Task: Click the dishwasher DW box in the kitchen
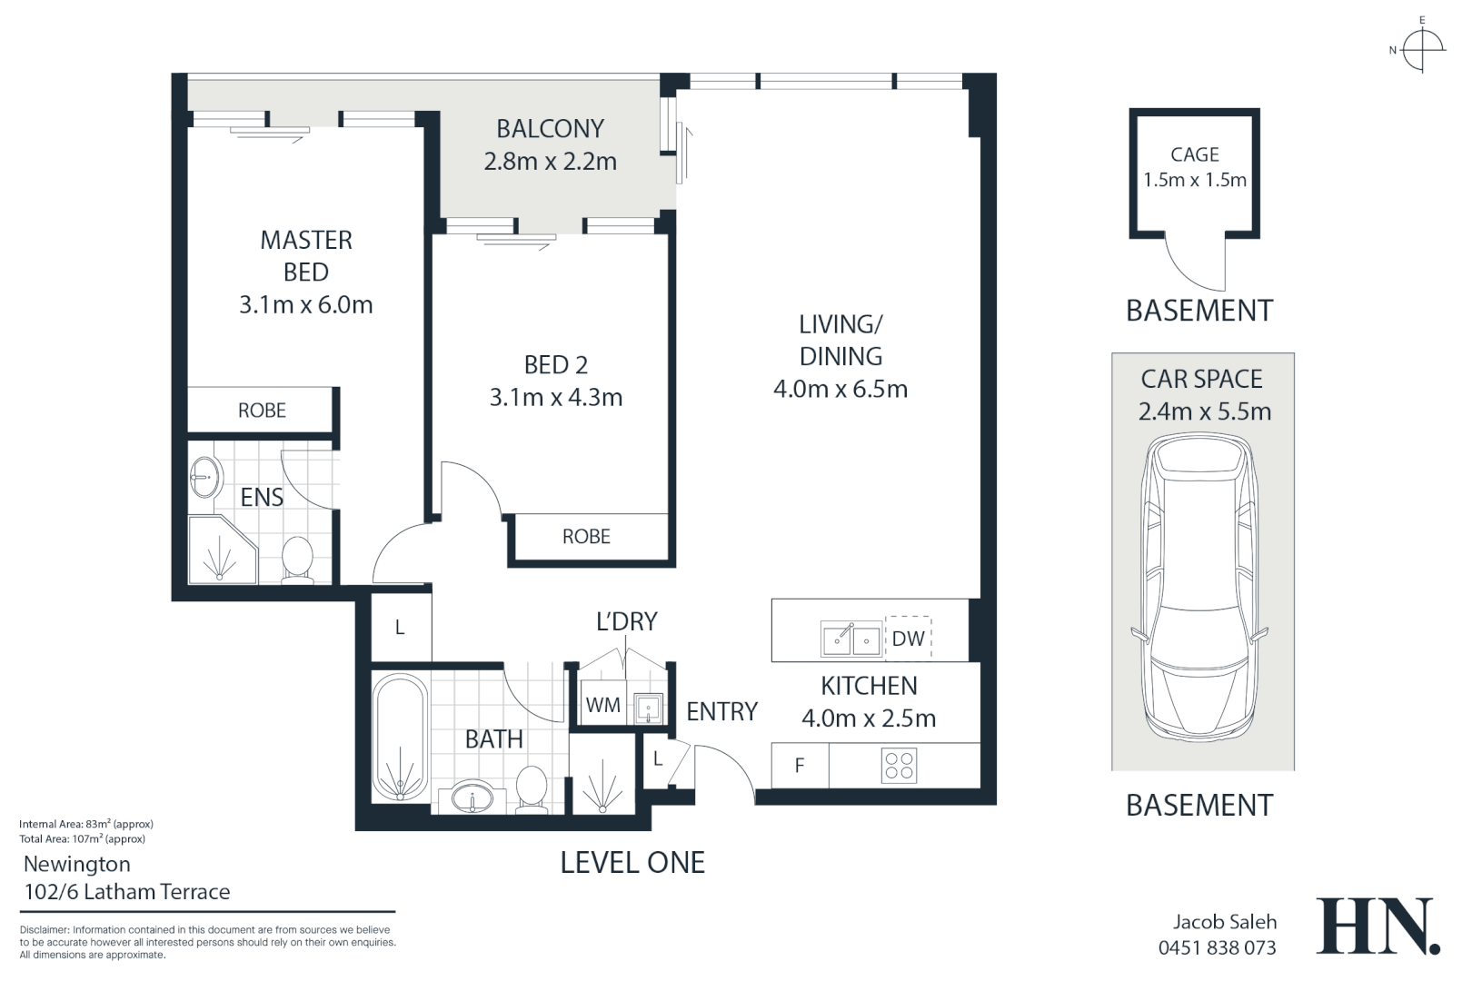(908, 638)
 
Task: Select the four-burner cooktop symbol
(899, 766)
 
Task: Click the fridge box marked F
(800, 766)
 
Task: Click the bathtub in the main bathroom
(400, 738)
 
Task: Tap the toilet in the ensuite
(298, 560)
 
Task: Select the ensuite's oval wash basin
(206, 476)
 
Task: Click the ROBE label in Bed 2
(586, 537)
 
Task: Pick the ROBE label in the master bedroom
(262, 411)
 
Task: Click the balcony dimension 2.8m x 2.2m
(550, 162)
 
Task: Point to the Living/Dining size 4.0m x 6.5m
(840, 389)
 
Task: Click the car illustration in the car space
(1200, 588)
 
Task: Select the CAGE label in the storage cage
(1195, 154)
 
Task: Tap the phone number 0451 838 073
(1217, 947)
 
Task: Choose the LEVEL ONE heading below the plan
(632, 863)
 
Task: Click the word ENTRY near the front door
(722, 711)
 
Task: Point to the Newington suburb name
(77, 864)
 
